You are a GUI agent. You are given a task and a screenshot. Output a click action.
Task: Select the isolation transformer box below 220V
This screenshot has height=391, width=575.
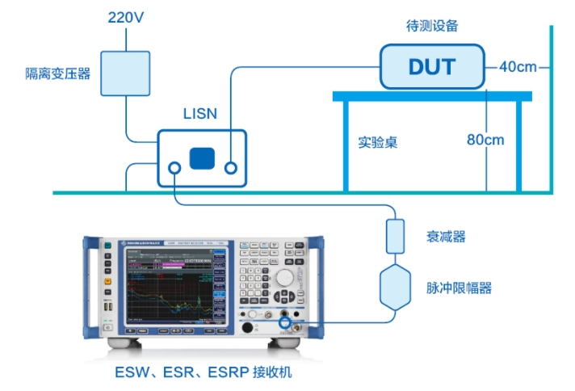tap(125, 74)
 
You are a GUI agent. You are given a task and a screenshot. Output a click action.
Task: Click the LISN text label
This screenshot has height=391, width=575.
tap(200, 113)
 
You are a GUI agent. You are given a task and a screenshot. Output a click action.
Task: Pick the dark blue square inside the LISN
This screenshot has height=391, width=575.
tap(203, 158)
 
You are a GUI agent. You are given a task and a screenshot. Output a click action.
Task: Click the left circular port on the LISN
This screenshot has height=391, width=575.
tap(174, 168)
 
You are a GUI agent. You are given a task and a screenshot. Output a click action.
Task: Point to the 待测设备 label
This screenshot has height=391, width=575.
tap(432, 25)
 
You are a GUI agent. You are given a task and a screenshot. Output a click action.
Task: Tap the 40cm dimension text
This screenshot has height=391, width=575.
tap(518, 66)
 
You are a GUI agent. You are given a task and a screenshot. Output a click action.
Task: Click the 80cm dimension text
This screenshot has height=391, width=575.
tap(485, 140)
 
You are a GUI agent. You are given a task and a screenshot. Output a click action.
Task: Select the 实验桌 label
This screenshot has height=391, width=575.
tap(378, 142)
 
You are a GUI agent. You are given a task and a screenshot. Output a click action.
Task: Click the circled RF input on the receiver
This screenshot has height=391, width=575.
tap(285, 324)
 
